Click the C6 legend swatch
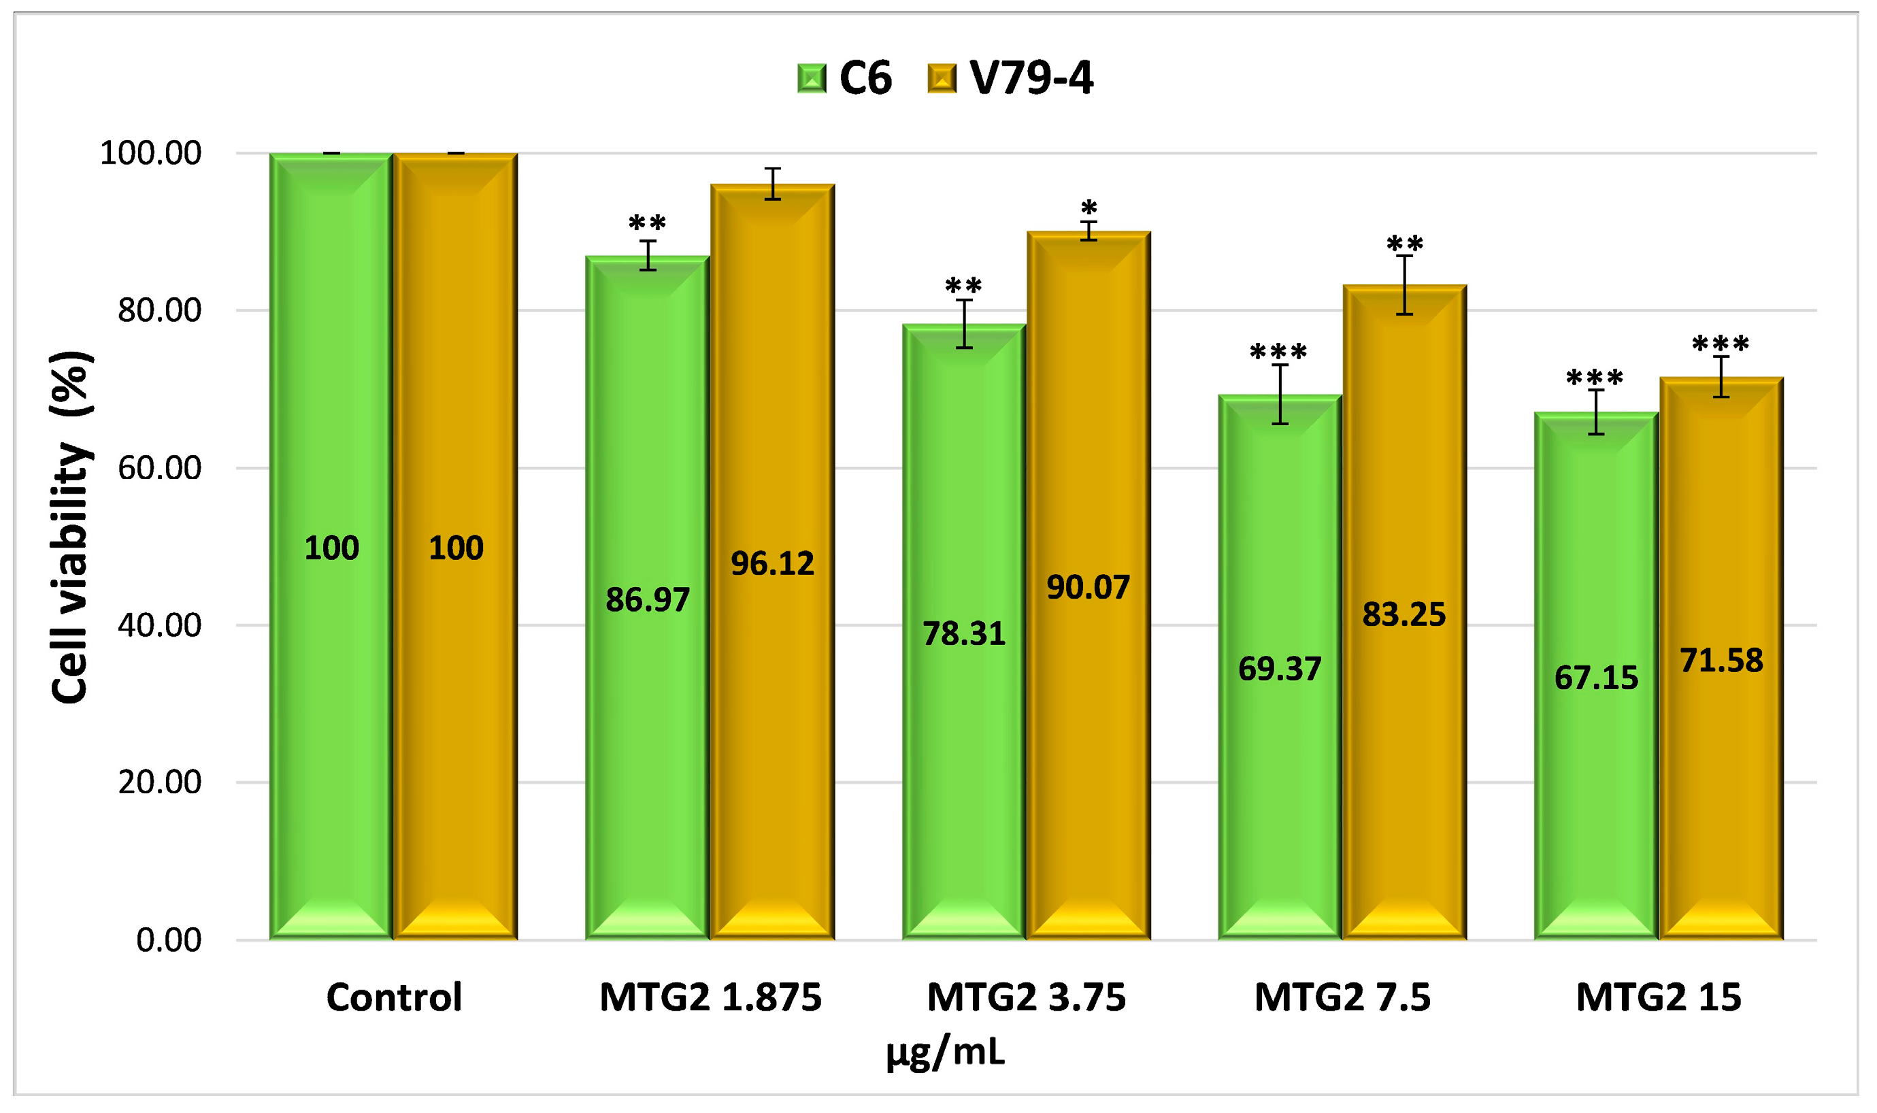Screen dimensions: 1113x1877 tap(812, 78)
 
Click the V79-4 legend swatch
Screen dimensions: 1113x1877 tap(942, 78)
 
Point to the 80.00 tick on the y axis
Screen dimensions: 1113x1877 tap(159, 310)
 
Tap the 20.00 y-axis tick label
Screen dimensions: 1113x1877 tap(159, 782)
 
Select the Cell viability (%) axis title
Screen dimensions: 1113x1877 tap(71, 527)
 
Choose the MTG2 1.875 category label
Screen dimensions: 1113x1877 tap(710, 997)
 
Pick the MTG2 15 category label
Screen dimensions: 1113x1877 tap(1658, 997)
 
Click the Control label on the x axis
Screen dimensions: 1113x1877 tap(394, 997)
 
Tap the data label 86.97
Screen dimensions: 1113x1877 tap(647, 600)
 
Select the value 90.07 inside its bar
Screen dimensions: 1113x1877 tap(1088, 587)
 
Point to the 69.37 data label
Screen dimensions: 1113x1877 tap(1279, 669)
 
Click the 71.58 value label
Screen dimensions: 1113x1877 tap(1721, 661)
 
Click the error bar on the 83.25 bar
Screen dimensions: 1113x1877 tap(1405, 285)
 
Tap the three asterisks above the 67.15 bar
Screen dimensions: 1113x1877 tap(1595, 378)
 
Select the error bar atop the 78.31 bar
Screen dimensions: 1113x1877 tap(965, 324)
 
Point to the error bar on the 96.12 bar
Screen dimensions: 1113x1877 tap(772, 184)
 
